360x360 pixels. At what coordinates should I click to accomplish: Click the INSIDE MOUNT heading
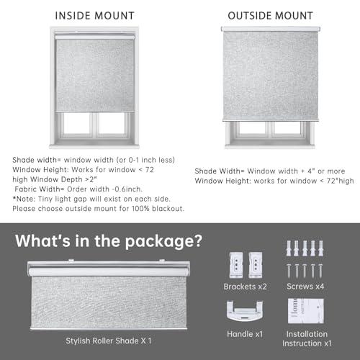click(95, 14)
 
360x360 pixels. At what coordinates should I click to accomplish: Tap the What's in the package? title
click(109, 239)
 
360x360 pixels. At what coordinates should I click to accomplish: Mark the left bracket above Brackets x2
click(235, 264)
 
